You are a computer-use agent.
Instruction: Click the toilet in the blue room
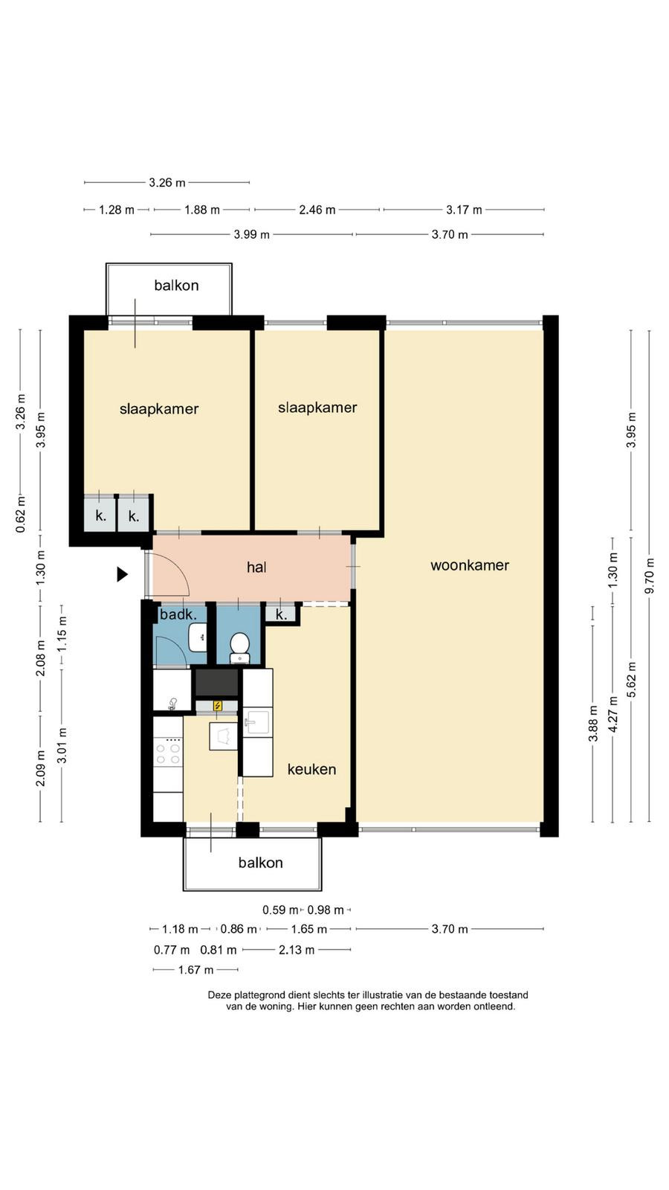tap(239, 648)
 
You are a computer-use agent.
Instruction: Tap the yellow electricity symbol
tap(217, 706)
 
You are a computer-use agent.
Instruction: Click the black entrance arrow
tap(123, 574)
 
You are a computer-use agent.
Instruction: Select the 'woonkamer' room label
tap(469, 565)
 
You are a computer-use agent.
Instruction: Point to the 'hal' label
tap(256, 567)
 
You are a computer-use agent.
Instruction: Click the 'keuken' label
tap(311, 769)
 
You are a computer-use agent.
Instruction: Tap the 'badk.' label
tap(178, 614)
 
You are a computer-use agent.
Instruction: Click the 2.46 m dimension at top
tap(317, 210)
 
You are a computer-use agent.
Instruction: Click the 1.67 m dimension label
tap(195, 970)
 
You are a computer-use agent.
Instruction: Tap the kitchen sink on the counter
tap(257, 722)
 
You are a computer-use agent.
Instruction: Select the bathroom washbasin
tap(198, 637)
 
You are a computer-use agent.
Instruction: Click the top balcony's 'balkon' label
tap(176, 286)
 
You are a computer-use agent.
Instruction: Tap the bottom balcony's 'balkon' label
tap(260, 862)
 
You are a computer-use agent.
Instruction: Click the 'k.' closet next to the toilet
tap(282, 614)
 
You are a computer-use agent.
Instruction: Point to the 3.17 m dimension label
tap(464, 210)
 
